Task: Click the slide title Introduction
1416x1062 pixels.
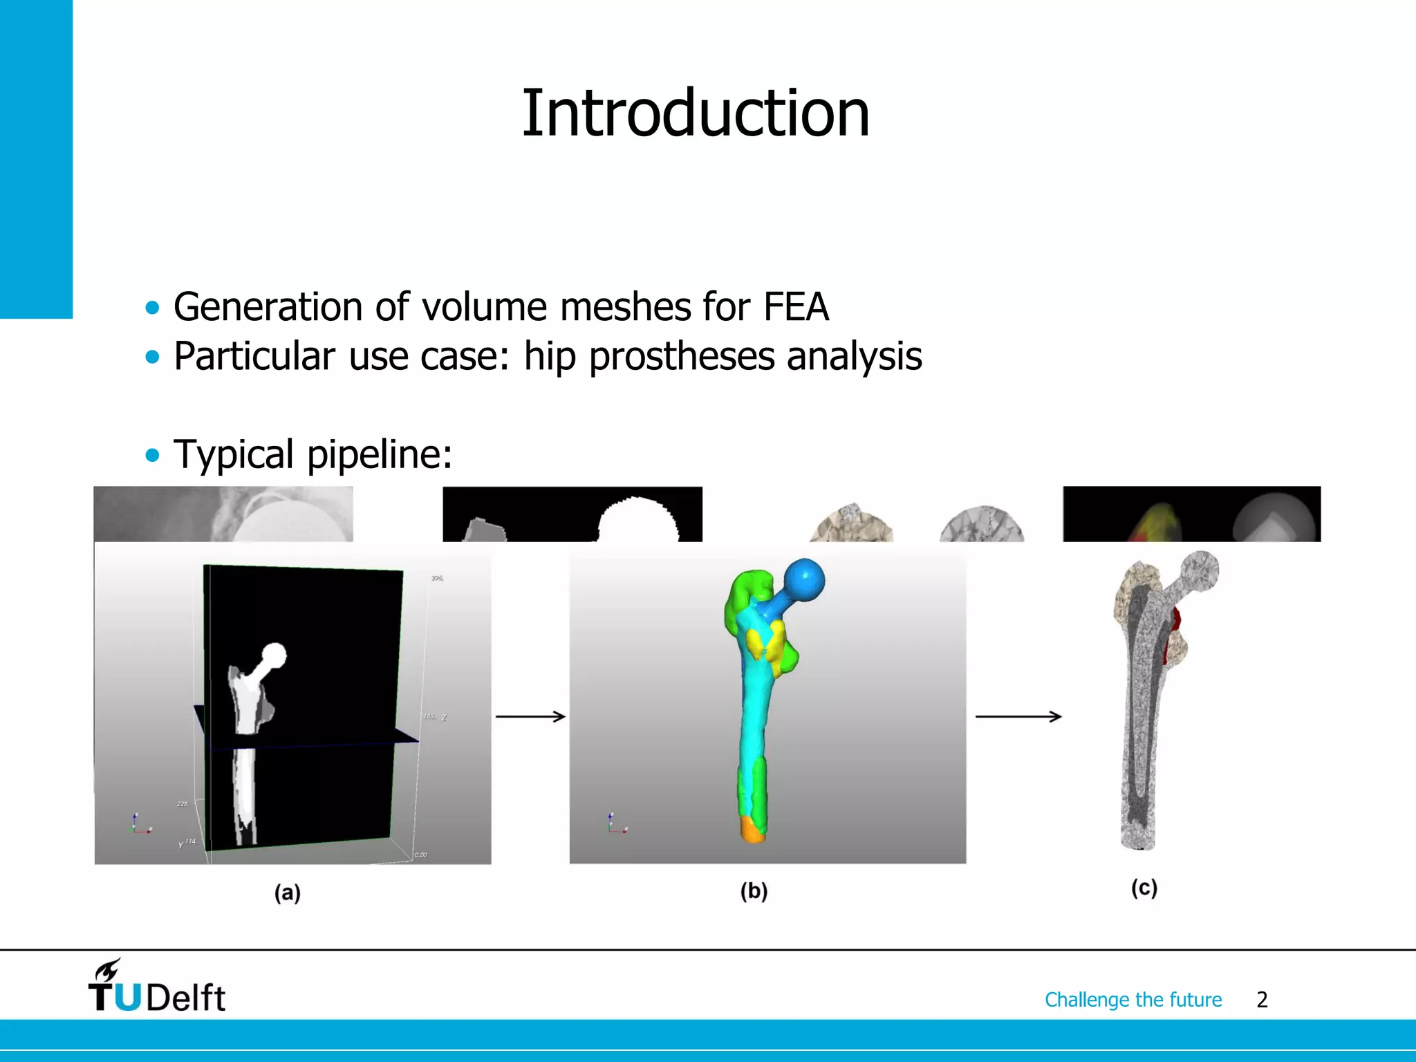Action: (695, 113)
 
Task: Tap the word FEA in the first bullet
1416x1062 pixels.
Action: (796, 307)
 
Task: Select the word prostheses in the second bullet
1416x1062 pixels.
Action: (681, 357)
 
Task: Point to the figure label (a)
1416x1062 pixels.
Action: (288, 893)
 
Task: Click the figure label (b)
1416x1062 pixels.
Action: (754, 891)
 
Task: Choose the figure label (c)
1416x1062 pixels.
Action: (1144, 888)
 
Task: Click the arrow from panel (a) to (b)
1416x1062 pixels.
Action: (530, 717)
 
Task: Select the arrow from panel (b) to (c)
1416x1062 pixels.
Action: (1018, 717)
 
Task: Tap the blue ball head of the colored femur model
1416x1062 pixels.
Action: (804, 579)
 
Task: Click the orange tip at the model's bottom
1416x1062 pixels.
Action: (752, 829)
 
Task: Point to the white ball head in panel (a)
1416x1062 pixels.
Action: (274, 655)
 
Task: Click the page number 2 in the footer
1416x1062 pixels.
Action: (1262, 1000)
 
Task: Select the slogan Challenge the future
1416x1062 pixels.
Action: (1133, 1000)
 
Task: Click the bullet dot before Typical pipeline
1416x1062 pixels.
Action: (152, 456)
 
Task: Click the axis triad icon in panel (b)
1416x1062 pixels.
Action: (616, 824)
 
